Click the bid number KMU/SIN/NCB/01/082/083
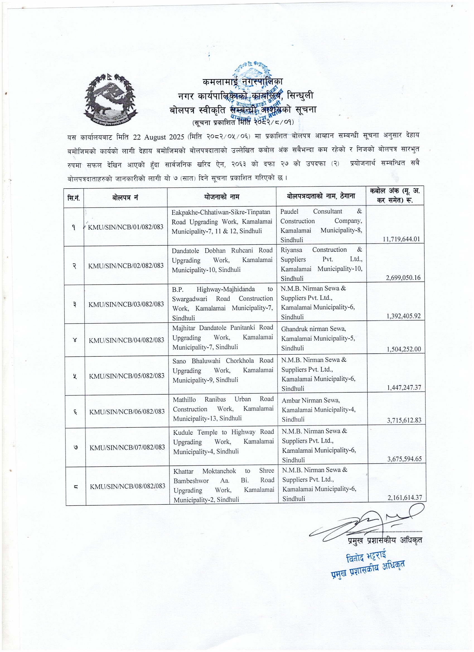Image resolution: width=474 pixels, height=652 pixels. pyautogui.click(x=126, y=227)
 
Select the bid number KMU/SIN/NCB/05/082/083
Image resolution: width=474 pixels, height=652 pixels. pyautogui.click(x=127, y=376)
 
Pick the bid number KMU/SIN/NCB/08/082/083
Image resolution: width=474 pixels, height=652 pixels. pyautogui.click(x=128, y=486)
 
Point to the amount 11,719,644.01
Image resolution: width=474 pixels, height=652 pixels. pyautogui.click(x=401, y=239)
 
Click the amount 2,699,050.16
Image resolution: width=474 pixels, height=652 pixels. pyautogui.click(x=403, y=277)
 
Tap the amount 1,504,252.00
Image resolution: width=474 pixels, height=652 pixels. pyautogui.click(x=403, y=349)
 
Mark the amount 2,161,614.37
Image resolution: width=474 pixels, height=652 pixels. pyautogui.click(x=405, y=497)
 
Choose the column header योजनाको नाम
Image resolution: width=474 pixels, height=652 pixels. pyautogui.click(x=222, y=197)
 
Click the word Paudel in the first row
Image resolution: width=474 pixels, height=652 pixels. pyautogui.click(x=289, y=211)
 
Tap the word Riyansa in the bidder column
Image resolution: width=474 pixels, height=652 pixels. pyautogui.click(x=291, y=250)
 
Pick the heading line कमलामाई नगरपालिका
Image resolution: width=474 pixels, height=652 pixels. pyautogui.click(x=242, y=82)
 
